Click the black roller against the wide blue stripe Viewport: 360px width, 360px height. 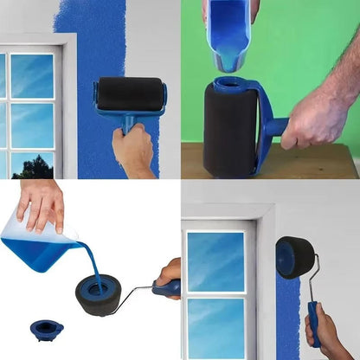(x=131, y=93)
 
